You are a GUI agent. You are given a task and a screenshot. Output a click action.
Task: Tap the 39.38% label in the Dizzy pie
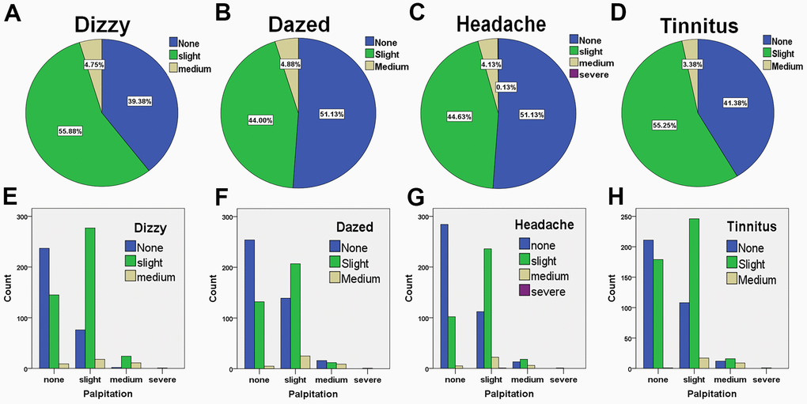click(x=139, y=101)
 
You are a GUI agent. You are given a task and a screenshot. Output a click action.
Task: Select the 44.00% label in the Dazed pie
click(x=257, y=119)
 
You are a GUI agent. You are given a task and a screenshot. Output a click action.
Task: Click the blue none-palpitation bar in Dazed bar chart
click(x=250, y=304)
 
